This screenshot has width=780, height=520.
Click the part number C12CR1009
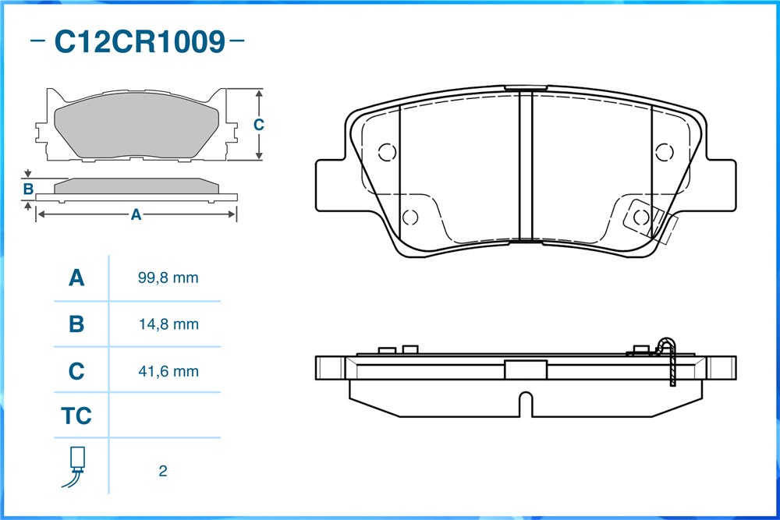pos(140,41)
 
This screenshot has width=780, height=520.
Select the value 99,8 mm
pos(168,278)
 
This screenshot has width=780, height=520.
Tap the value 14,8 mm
pos(168,324)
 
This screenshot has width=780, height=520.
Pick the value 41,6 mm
pos(168,371)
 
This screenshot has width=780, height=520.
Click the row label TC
pos(76,416)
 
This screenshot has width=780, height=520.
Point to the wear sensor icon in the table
pos(75,467)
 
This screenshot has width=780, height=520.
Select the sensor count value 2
pos(163,471)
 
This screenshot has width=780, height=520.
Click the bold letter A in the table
pos(76,278)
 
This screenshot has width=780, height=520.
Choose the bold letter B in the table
pos(76,324)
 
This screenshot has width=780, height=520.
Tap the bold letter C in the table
pos(76,371)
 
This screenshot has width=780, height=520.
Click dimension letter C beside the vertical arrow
pos(258,124)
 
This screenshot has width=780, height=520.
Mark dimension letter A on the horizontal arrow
pos(136,214)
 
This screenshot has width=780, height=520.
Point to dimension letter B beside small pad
pos(28,189)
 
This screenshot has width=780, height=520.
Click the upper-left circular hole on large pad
pos(387,152)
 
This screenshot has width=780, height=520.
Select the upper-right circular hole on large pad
pos(664,152)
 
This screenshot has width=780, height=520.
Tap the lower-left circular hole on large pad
pos(410,218)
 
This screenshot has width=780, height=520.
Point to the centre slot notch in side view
pos(525,404)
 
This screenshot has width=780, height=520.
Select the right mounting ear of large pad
pos(720,185)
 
